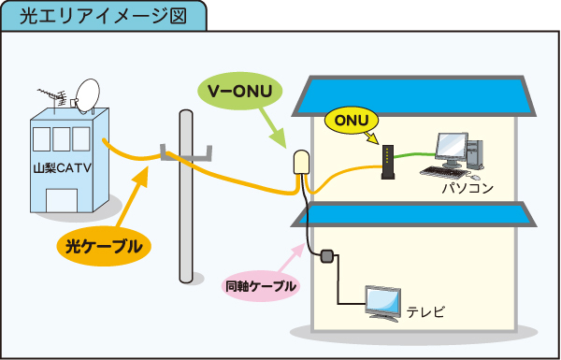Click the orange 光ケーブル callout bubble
click(104, 247)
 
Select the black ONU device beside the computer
click(387, 160)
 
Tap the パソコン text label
click(467, 188)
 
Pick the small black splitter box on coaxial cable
click(326, 255)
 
